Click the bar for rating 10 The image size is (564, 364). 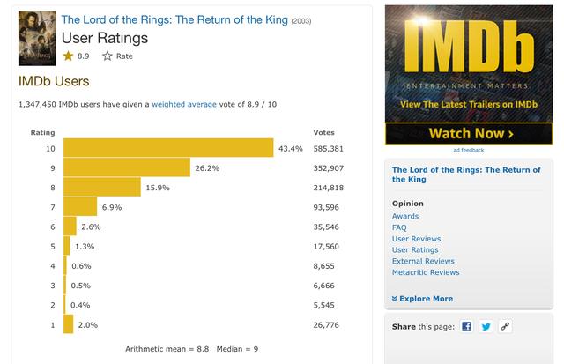point(168,147)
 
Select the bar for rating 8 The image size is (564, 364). point(102,187)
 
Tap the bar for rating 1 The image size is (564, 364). point(69,324)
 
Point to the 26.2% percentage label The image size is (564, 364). point(207,168)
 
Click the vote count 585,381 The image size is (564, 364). point(328,149)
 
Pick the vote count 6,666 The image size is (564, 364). point(323,286)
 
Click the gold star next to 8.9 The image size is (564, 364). point(68,56)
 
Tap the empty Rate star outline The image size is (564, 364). point(108,56)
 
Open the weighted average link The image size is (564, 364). point(184,104)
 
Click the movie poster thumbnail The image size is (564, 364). point(37,38)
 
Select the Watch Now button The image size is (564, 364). point(469,133)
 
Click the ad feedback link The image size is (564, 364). point(469,150)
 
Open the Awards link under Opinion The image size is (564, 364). point(405,216)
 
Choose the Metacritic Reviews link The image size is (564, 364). point(426,272)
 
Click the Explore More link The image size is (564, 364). point(422,299)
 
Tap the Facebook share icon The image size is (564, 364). point(466,326)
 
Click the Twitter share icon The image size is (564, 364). point(486,326)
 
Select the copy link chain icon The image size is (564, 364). point(505,326)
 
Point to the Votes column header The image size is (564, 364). point(323,132)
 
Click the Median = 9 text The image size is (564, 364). point(237,349)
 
